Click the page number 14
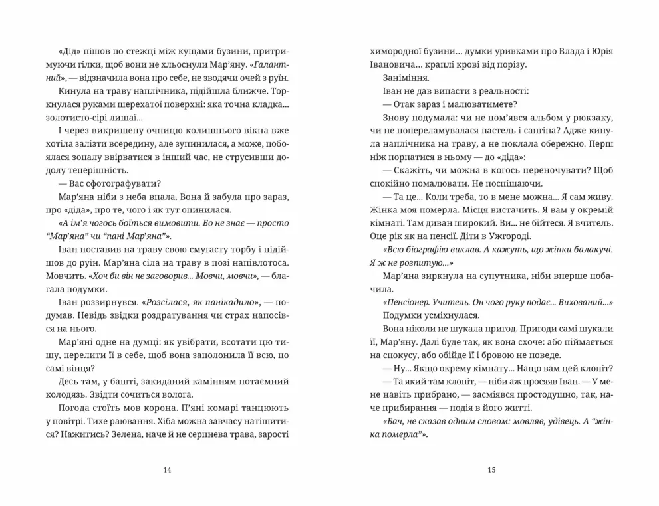pyautogui.click(x=167, y=470)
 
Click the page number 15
pyautogui.click(x=491, y=470)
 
